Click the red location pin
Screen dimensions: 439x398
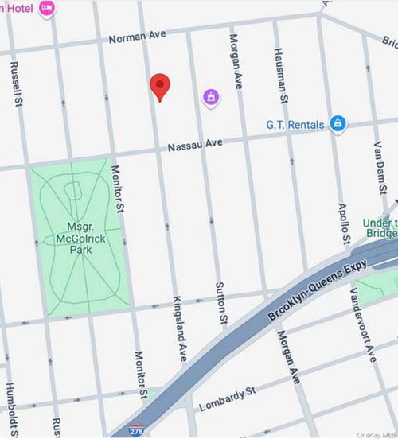pyautogui.click(x=160, y=87)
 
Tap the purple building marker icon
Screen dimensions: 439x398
pyautogui.click(x=211, y=97)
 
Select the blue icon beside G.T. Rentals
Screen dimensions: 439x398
pyautogui.click(x=338, y=124)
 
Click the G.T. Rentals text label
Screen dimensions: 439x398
pyautogui.click(x=295, y=125)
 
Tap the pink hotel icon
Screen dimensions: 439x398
pyautogui.click(x=47, y=8)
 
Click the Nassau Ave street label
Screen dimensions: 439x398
pyautogui.click(x=193, y=143)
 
